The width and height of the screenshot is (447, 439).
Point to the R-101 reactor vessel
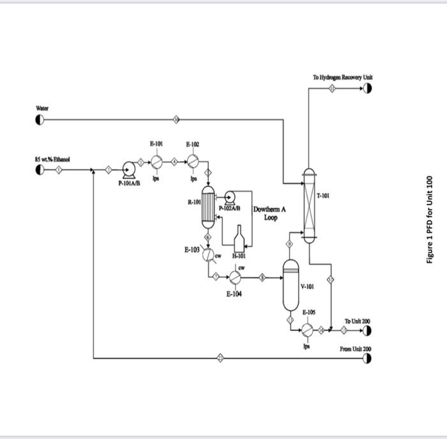pos(208,208)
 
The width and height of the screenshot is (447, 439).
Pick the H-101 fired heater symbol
pos(239,239)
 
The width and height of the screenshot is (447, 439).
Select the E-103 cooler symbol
pos(208,255)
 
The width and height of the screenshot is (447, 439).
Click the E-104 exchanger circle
pos(235,277)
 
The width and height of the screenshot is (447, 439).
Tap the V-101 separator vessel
pos(291,285)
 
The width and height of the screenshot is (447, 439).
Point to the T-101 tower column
pos(309,206)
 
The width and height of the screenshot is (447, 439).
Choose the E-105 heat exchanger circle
pos(308,329)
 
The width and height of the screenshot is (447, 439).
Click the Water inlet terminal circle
pos(40,119)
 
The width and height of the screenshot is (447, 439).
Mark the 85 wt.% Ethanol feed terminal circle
pos(40,170)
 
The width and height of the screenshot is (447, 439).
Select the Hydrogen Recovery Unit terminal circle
pos(367,88)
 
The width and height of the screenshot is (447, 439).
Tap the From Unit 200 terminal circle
pos(367,358)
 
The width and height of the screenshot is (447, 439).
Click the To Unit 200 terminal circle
pos(367,330)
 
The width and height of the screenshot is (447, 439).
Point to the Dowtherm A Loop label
pos(270,213)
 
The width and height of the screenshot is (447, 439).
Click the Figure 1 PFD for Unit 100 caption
pos(430,219)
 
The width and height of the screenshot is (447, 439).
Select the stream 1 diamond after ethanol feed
pos(59,170)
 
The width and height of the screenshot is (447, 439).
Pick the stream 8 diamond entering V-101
pos(262,277)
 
